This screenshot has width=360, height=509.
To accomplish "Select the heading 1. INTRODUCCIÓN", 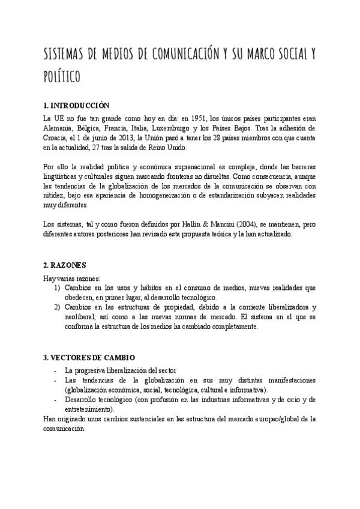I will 77,105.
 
